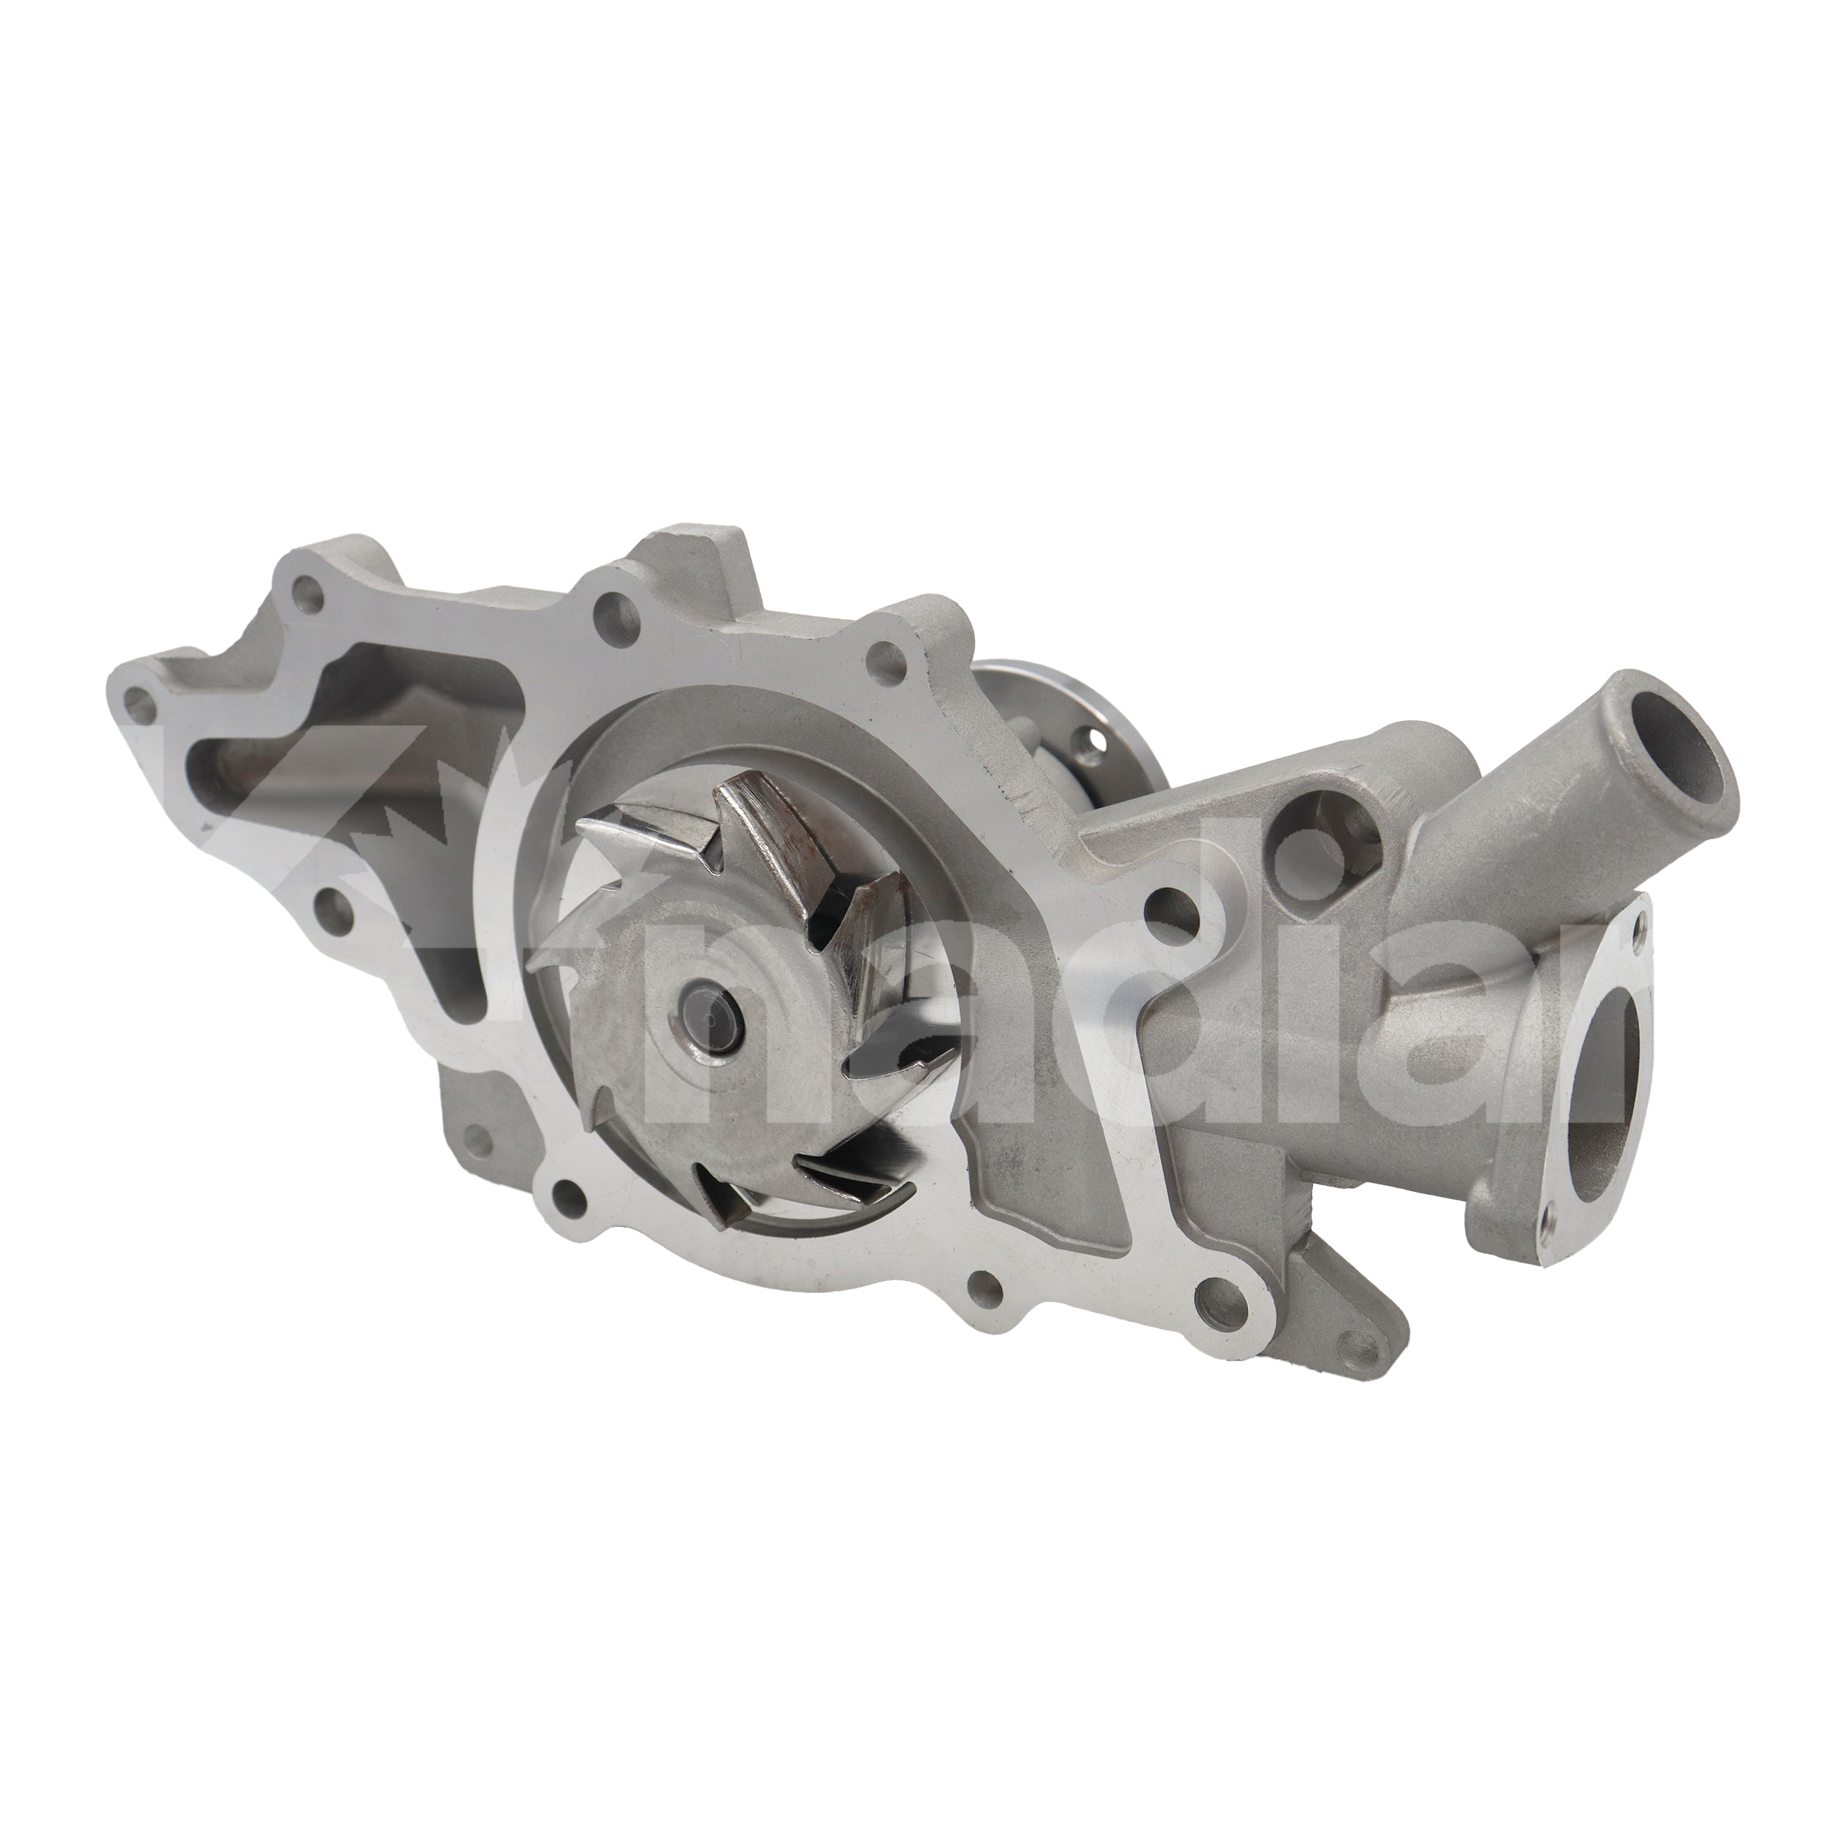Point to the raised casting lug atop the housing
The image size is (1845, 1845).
point(688,554)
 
